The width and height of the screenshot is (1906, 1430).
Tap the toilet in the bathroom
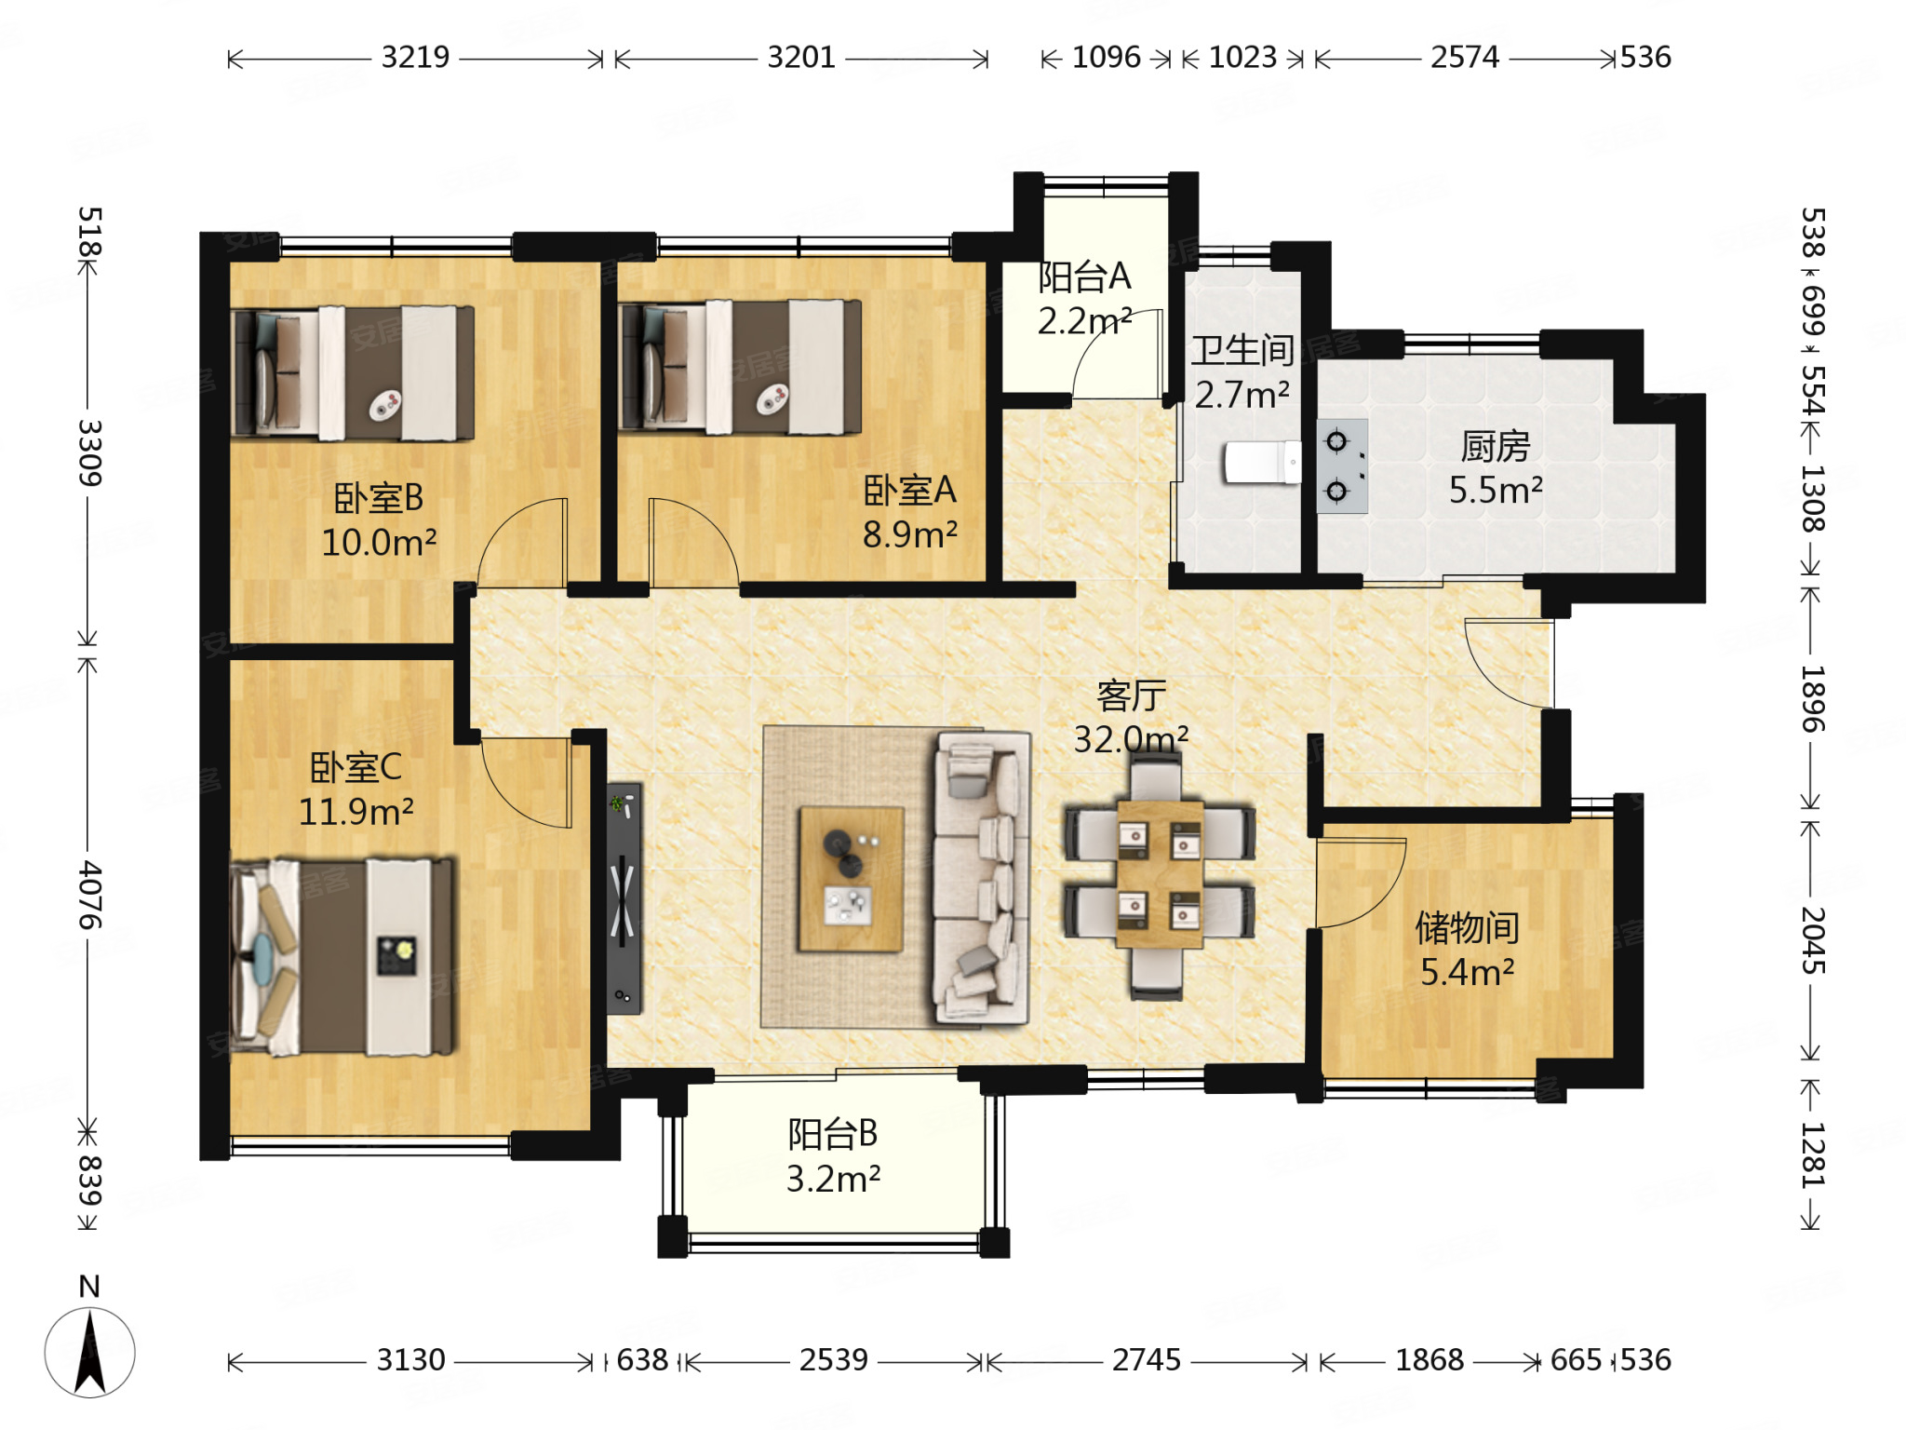point(1262,462)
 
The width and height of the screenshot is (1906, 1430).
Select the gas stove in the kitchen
point(1342,465)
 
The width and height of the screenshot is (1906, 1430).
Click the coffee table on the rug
point(851,879)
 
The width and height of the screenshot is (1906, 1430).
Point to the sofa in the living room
point(982,878)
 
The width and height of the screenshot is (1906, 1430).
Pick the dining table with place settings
point(1160,874)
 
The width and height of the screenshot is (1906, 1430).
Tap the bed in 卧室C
point(342,957)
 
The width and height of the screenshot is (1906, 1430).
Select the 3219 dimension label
point(415,58)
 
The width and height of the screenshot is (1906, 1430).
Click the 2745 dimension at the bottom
point(1147,1360)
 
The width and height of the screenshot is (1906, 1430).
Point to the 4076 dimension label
point(89,895)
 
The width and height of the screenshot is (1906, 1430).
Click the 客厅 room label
point(1132,695)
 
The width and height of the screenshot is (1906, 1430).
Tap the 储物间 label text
point(1468,927)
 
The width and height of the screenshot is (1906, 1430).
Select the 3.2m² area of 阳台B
point(833,1179)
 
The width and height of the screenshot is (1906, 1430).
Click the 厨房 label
point(1496,447)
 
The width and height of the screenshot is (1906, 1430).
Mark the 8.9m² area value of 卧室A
point(909,534)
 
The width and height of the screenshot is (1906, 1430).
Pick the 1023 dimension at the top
point(1242,58)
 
